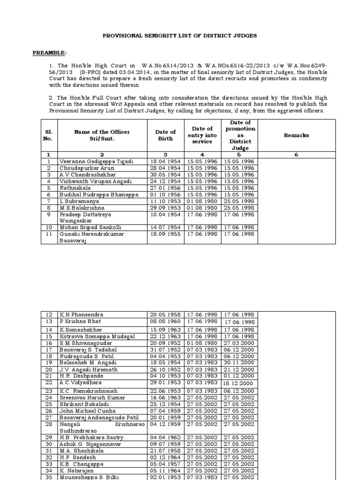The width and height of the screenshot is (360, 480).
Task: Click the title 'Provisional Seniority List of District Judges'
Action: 180,36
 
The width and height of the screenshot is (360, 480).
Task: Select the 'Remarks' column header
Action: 296,135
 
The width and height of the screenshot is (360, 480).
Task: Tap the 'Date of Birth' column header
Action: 165,135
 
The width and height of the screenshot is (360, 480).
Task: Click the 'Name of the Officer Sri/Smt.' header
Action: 101,135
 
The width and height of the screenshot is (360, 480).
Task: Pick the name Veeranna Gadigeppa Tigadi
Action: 96,161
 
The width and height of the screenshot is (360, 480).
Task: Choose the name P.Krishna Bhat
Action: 80,322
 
